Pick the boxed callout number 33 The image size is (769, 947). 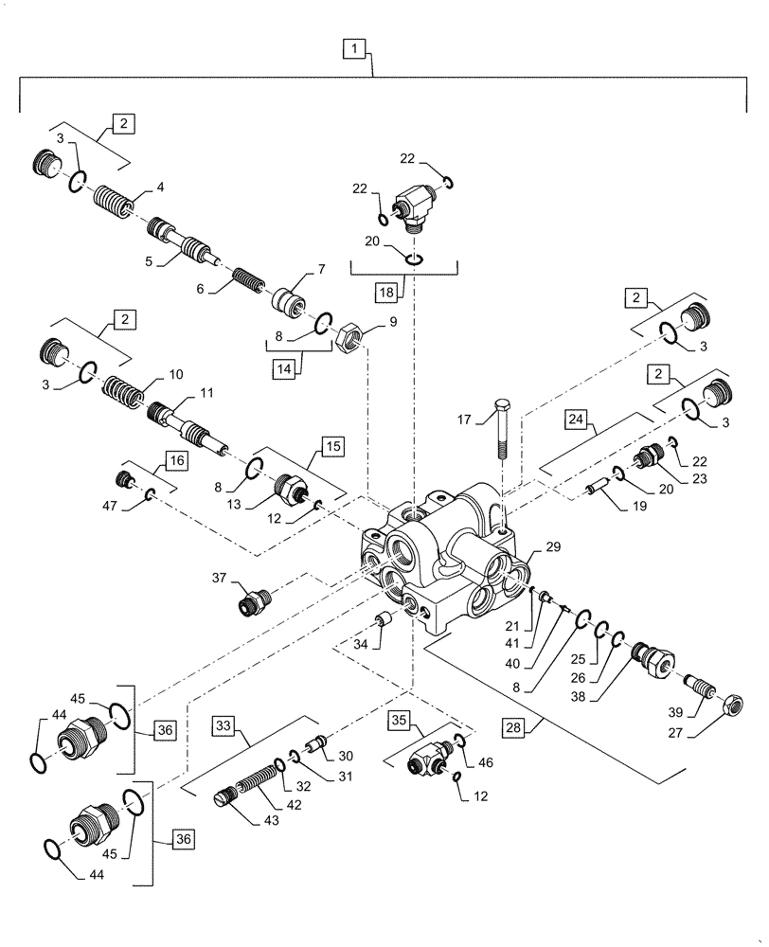click(223, 725)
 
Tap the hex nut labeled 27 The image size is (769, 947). click(732, 706)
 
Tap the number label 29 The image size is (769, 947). click(553, 548)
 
